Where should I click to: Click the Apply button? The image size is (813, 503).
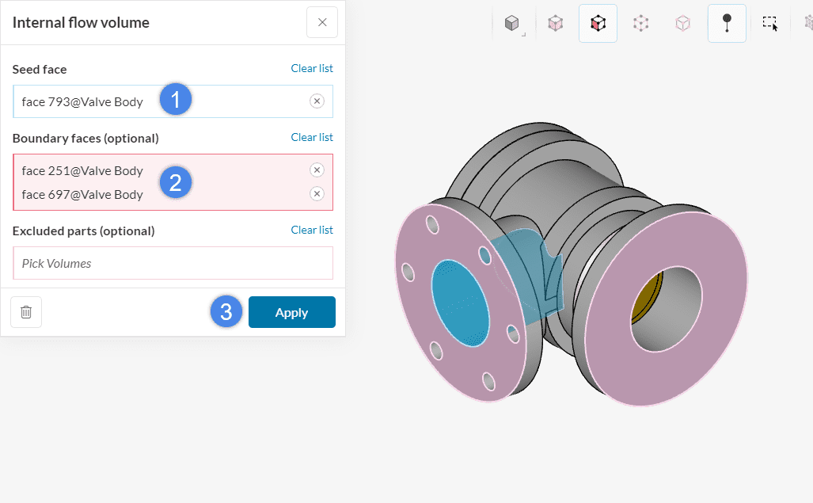292,312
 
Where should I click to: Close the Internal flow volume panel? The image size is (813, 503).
322,22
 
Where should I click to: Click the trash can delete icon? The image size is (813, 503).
26,312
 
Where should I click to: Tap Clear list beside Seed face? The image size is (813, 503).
312,68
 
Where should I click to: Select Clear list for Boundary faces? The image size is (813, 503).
312,137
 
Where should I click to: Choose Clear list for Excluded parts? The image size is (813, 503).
312,231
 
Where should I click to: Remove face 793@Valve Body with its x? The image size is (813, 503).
317,101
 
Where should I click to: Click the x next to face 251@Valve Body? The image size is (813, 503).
317,170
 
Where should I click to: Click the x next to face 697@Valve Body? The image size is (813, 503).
317,194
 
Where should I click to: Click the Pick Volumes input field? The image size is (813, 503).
173,264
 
